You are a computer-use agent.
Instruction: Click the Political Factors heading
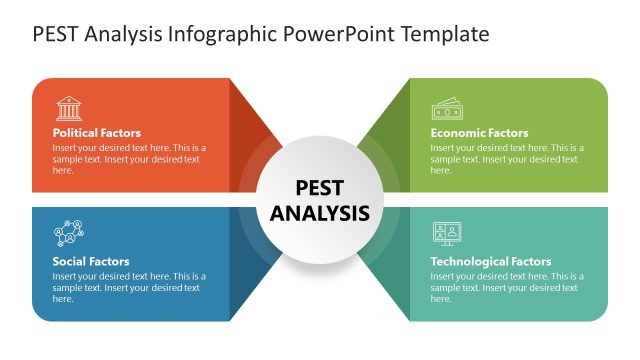(x=97, y=133)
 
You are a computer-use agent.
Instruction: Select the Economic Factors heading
(x=479, y=133)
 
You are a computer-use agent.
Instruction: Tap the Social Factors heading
(x=91, y=262)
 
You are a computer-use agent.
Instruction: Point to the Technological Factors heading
(x=490, y=262)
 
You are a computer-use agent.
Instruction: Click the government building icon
(x=69, y=108)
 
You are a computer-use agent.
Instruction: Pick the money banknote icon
(x=446, y=108)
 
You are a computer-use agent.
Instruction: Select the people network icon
(x=69, y=234)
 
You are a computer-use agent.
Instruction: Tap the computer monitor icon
(x=446, y=234)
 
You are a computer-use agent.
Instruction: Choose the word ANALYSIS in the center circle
(x=320, y=213)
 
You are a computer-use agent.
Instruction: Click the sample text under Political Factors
(x=129, y=159)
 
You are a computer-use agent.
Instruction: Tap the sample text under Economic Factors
(x=507, y=159)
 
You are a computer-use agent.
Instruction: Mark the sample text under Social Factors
(x=129, y=287)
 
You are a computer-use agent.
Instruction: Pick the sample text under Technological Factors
(x=507, y=287)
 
